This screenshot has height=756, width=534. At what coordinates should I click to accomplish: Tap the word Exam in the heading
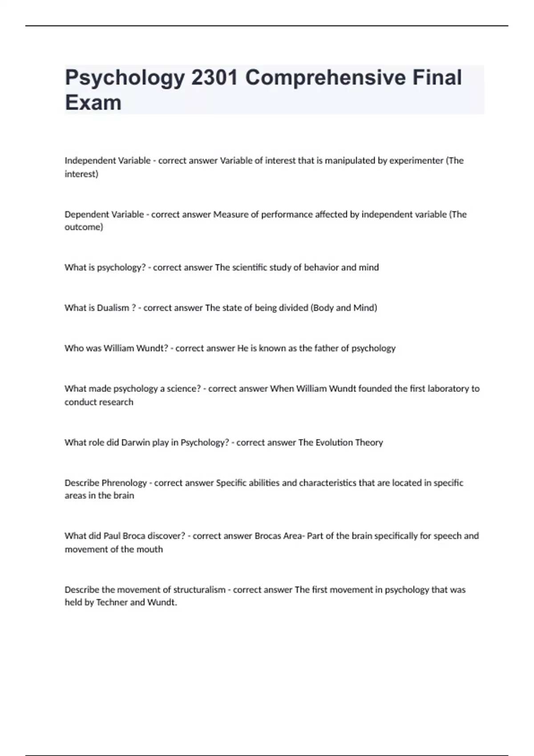point(93,103)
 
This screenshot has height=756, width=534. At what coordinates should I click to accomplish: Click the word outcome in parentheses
point(83,227)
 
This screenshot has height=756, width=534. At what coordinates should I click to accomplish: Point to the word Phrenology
point(124,483)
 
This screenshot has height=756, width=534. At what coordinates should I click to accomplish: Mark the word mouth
point(150,550)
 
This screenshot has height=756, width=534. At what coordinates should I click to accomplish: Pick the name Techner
point(112,603)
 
